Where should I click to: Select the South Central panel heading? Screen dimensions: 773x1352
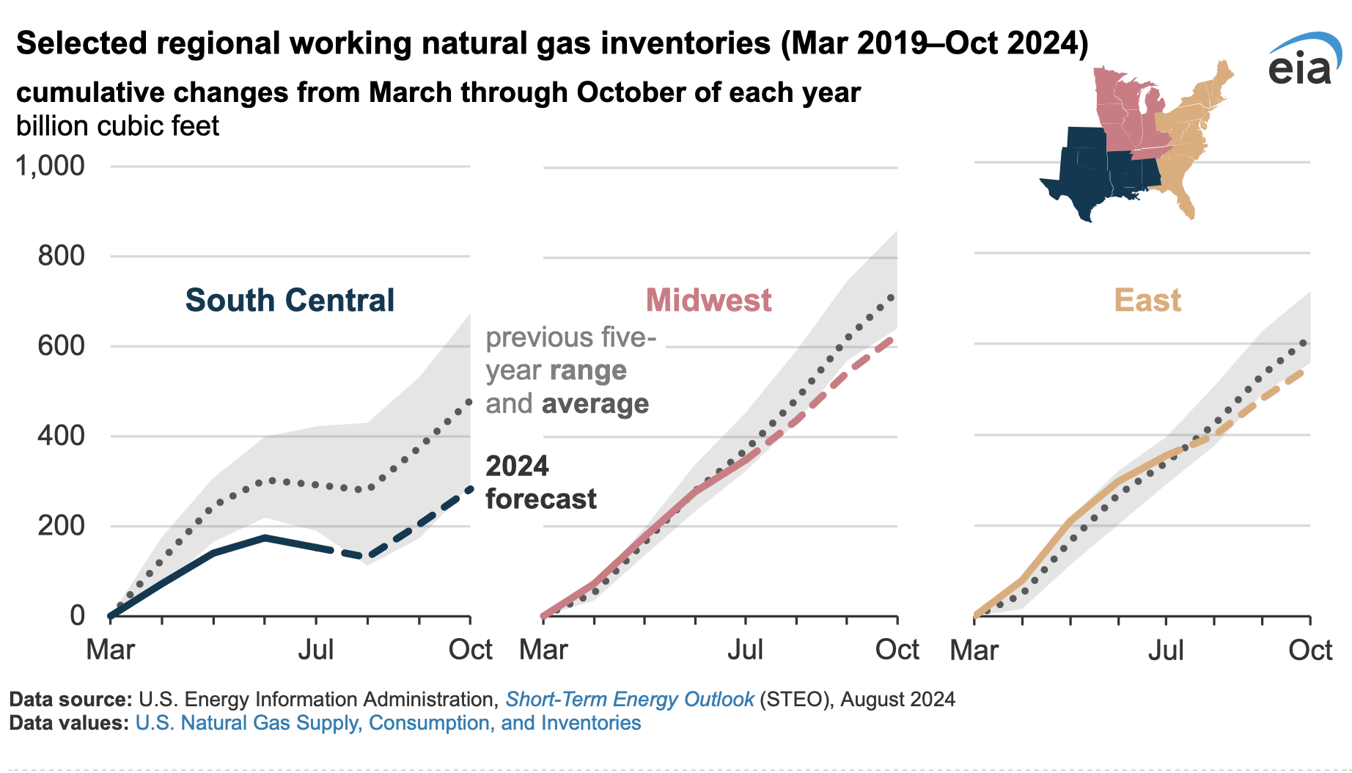pyautogui.click(x=290, y=301)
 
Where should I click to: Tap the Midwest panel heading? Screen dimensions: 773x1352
pyautogui.click(x=708, y=301)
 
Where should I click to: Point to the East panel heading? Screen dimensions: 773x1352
pyautogui.click(x=1147, y=301)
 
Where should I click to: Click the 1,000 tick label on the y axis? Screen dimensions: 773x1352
pyautogui.click(x=51, y=166)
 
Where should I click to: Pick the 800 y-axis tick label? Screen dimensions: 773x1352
pyautogui.click(x=62, y=256)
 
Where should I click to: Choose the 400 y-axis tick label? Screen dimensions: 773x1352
pyautogui.click(x=62, y=436)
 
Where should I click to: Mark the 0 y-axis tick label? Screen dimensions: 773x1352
pyautogui.click(x=77, y=615)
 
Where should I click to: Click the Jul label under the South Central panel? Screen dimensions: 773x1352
pyautogui.click(x=316, y=650)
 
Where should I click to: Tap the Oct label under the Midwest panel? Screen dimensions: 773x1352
pyautogui.click(x=897, y=650)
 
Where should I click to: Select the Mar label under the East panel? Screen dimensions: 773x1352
pyautogui.click(x=974, y=650)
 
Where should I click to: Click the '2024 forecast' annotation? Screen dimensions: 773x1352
pyautogui.click(x=540, y=483)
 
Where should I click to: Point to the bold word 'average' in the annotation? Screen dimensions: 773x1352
pyautogui.click(x=595, y=404)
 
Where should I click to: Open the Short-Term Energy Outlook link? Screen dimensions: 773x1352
pyautogui.click(x=629, y=699)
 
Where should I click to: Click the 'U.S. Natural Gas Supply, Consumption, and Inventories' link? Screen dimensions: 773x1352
pyautogui.click(x=388, y=723)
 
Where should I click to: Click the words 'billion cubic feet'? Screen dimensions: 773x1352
pyautogui.click(x=117, y=126)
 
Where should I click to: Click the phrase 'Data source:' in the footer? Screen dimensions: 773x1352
pyautogui.click(x=70, y=699)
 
